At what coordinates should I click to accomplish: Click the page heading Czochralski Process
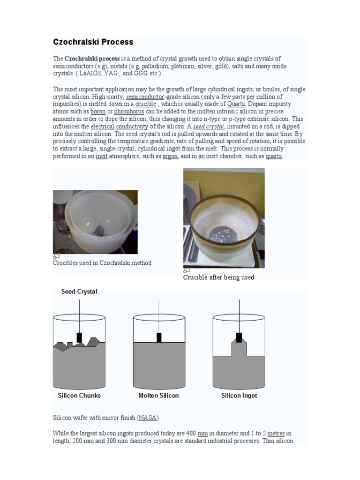(93, 42)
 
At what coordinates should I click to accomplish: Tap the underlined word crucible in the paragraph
(145, 104)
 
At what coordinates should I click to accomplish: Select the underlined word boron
(98, 112)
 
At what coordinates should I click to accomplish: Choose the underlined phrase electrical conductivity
(120, 127)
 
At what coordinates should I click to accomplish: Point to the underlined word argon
(170, 156)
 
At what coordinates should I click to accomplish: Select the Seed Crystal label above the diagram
(79, 292)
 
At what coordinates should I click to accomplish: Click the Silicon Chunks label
(79, 395)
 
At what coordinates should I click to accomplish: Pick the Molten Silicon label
(158, 395)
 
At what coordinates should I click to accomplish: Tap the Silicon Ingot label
(239, 395)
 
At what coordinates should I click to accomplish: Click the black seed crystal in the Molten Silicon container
(159, 337)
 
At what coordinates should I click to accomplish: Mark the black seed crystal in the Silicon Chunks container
(79, 337)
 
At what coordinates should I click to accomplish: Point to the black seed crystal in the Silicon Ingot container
(239, 337)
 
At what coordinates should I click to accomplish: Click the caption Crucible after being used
(218, 277)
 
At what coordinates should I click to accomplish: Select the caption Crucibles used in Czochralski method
(102, 263)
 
